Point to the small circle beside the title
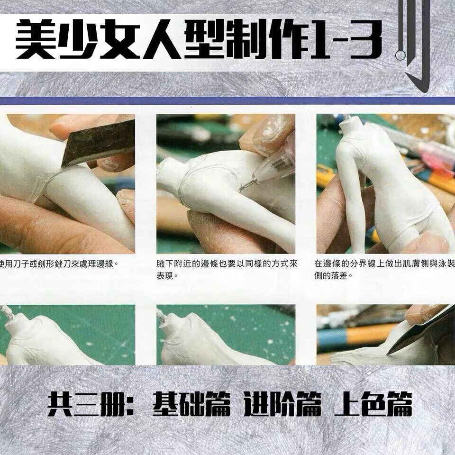pos(400,55)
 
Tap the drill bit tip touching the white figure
pos(242,188)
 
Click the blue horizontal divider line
pos(227,101)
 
